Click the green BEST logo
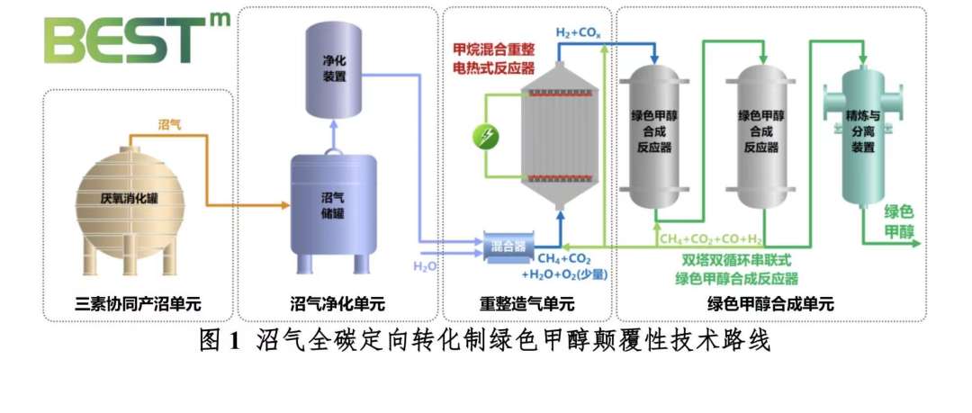point(135,40)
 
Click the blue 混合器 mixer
point(509,245)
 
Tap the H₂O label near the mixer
point(425,266)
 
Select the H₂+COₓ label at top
point(576,33)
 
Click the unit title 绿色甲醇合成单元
point(770,304)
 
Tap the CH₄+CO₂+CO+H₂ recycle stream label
point(710,239)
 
